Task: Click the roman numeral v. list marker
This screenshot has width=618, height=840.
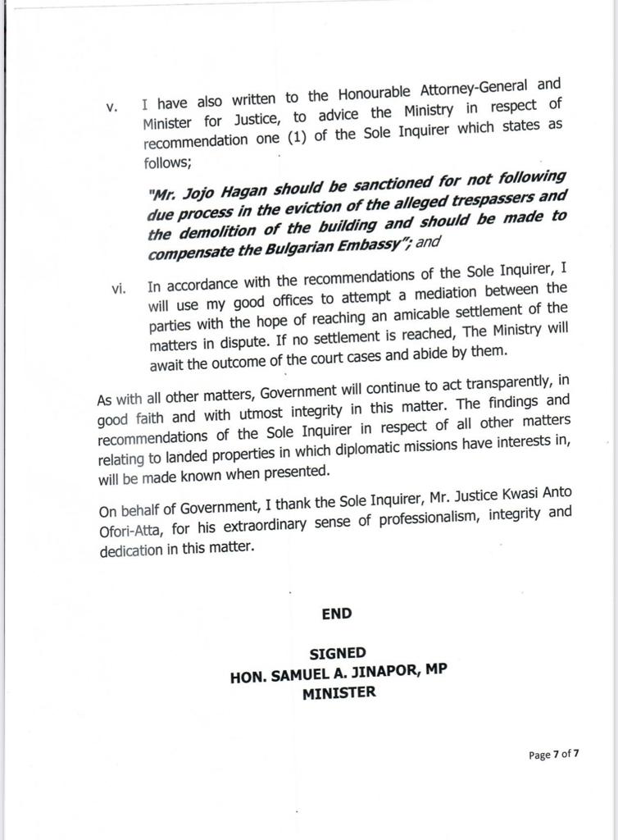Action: [x=113, y=108]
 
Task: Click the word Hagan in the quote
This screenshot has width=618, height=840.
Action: [x=266, y=190]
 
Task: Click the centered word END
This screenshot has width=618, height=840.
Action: [x=336, y=614]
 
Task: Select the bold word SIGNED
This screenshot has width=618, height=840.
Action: [x=338, y=653]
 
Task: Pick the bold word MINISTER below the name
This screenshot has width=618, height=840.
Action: [x=339, y=692]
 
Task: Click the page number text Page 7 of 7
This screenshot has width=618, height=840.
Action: [x=553, y=755]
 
